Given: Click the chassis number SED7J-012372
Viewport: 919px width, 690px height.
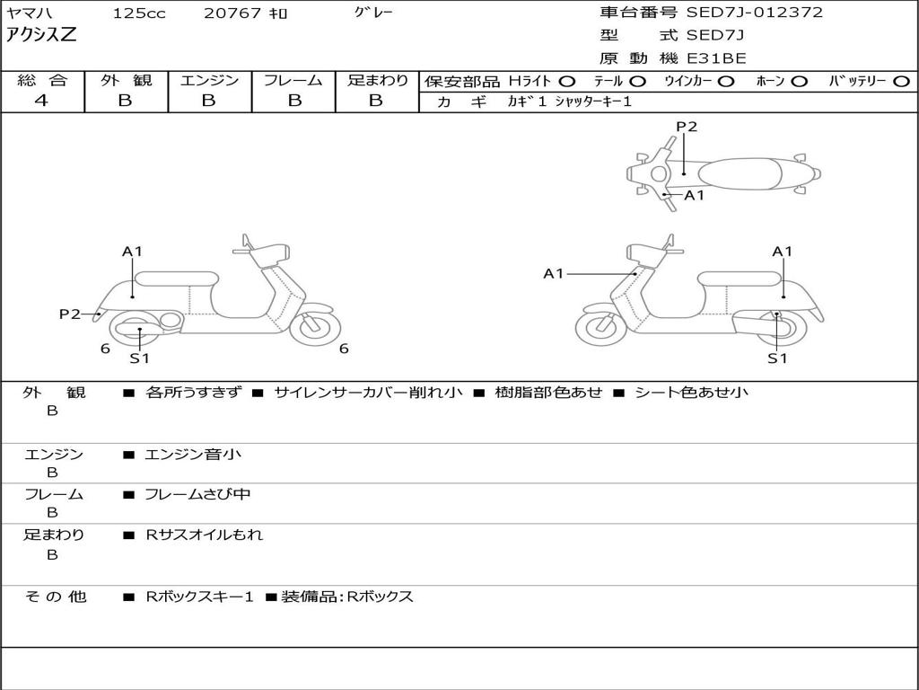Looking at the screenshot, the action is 755,12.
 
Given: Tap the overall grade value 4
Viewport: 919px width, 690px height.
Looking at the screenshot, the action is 41,101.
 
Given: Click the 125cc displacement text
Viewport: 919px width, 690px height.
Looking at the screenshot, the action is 139,13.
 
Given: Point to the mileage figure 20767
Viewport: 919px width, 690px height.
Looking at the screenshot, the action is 232,13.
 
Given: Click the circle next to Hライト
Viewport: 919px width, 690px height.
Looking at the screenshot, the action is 567,81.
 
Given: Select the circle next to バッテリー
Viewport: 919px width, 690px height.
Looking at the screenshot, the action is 901,81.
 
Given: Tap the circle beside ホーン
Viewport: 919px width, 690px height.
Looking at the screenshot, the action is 799,81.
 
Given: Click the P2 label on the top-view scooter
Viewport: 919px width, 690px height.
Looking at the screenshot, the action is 687,127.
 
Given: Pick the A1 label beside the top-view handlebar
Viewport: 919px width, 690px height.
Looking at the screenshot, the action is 695,195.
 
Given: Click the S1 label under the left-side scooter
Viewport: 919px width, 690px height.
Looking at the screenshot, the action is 139,358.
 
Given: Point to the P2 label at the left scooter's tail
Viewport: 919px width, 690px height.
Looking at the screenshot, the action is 70,314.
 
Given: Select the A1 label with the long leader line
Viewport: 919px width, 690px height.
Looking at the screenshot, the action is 554,273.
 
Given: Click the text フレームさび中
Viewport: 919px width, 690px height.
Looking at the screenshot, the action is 197,494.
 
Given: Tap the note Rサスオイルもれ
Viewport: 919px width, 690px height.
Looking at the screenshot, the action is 204,535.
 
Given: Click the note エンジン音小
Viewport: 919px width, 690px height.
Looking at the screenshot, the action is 193,454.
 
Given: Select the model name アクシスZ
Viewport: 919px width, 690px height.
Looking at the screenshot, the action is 41,35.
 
